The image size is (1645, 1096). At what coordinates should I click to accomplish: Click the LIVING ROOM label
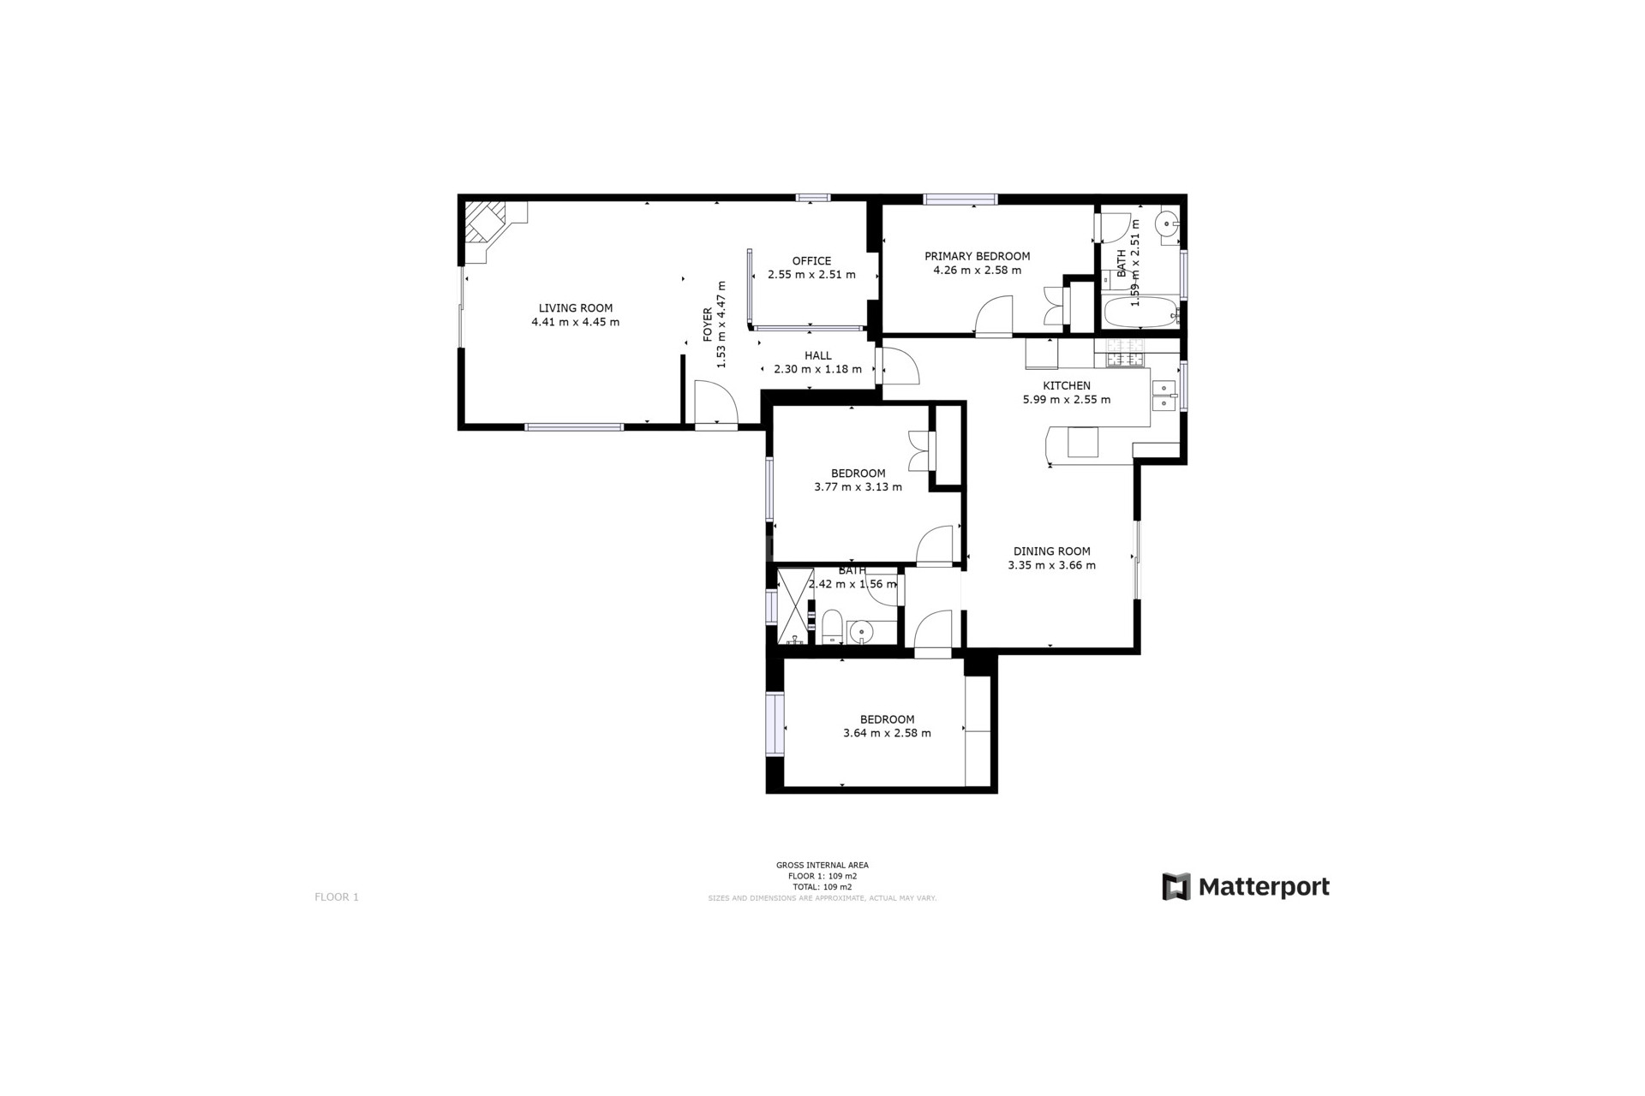pyautogui.click(x=575, y=308)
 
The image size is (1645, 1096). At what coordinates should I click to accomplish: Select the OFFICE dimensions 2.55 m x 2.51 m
pyautogui.click(x=811, y=275)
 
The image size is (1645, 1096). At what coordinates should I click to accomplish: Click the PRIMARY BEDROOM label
pyautogui.click(x=977, y=256)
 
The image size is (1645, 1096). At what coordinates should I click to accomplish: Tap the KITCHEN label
pyautogui.click(x=1066, y=385)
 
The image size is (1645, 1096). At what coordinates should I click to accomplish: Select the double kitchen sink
pyautogui.click(x=1163, y=395)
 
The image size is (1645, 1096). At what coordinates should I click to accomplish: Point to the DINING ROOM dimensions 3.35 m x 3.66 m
pyautogui.click(x=1051, y=565)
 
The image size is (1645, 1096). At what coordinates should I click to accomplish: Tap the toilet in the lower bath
pyautogui.click(x=832, y=627)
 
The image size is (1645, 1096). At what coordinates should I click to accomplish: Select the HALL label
pyautogui.click(x=817, y=355)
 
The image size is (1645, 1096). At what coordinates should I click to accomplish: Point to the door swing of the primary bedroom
pyautogui.click(x=995, y=316)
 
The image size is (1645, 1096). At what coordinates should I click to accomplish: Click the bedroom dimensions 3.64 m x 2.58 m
pyautogui.click(x=887, y=733)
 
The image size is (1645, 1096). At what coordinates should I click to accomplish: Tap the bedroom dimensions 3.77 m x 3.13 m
pyautogui.click(x=858, y=487)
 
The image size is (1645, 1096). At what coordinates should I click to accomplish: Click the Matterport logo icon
pyautogui.click(x=1175, y=886)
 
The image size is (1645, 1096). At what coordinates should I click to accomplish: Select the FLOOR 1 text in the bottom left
pyautogui.click(x=337, y=896)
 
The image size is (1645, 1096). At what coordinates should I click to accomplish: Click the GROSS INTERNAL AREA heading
pyautogui.click(x=822, y=866)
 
